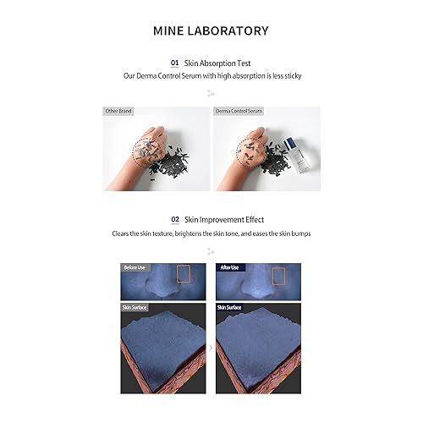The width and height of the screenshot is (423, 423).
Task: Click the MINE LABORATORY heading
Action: click(211, 30)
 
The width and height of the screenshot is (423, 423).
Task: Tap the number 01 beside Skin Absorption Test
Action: click(175, 63)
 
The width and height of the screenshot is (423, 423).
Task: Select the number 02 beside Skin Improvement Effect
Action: click(175, 219)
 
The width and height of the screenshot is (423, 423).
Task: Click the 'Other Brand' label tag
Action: click(119, 111)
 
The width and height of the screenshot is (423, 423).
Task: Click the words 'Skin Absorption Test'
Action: click(217, 63)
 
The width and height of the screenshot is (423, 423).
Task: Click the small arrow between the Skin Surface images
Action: click(211, 348)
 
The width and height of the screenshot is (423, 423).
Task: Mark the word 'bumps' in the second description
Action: click(299, 233)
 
